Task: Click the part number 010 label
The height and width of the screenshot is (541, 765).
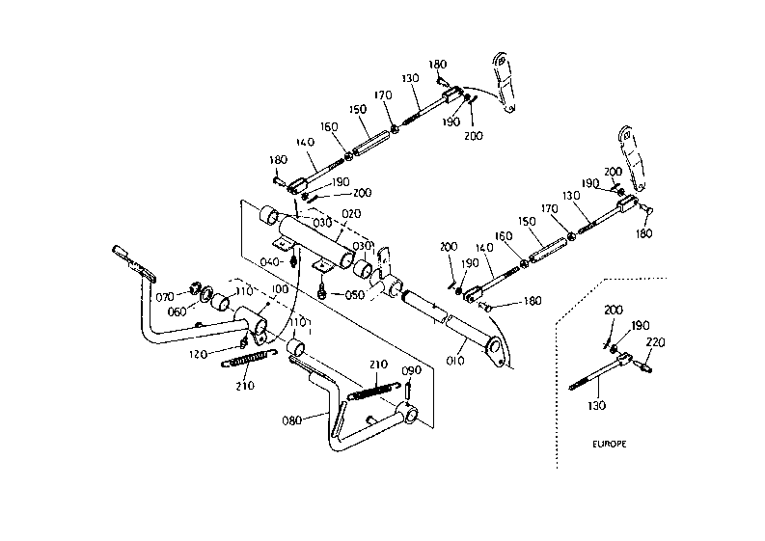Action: (455, 361)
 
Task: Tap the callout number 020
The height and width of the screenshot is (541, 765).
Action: (351, 214)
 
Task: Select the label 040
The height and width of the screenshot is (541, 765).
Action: (269, 262)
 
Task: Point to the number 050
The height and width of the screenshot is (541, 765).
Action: (355, 295)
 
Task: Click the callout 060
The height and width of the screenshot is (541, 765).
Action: (177, 311)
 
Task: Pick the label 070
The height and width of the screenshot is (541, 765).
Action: (165, 297)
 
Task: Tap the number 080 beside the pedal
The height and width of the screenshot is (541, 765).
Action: (291, 420)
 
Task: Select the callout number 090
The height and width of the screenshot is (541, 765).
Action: (411, 370)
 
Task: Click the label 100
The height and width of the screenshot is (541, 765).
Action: (280, 289)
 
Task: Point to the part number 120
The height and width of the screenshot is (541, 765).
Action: (198, 355)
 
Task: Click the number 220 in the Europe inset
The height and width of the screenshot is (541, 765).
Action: (655, 342)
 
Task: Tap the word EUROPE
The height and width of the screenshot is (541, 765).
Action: (610, 444)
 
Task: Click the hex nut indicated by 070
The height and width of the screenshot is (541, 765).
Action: (195, 288)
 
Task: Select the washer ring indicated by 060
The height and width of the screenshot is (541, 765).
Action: (205, 293)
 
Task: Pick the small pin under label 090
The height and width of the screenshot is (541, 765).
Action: (409, 390)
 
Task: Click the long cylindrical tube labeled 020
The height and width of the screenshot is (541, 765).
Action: (317, 241)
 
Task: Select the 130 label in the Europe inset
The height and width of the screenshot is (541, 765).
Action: (596, 405)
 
